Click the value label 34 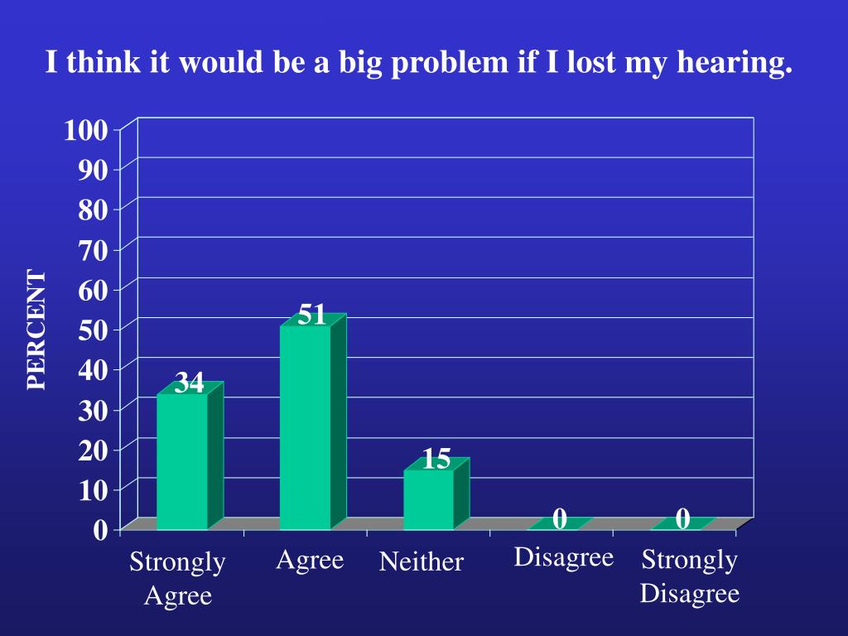pyautogui.click(x=189, y=383)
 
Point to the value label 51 pyautogui.click(x=311, y=315)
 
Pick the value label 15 pyautogui.click(x=436, y=459)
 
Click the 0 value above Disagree pyautogui.click(x=560, y=519)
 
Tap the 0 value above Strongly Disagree pyautogui.click(x=682, y=519)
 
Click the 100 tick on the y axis pyautogui.click(x=86, y=130)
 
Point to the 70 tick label pyautogui.click(x=93, y=249)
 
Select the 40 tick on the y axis pyautogui.click(x=93, y=369)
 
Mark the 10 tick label pyautogui.click(x=93, y=489)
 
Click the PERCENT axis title pyautogui.click(x=36, y=329)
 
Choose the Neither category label pyautogui.click(x=421, y=562)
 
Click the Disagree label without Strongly pyautogui.click(x=563, y=557)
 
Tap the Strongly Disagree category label pyautogui.click(x=689, y=576)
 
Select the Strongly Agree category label pyautogui.click(x=177, y=578)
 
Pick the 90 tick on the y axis pyautogui.click(x=93, y=170)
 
